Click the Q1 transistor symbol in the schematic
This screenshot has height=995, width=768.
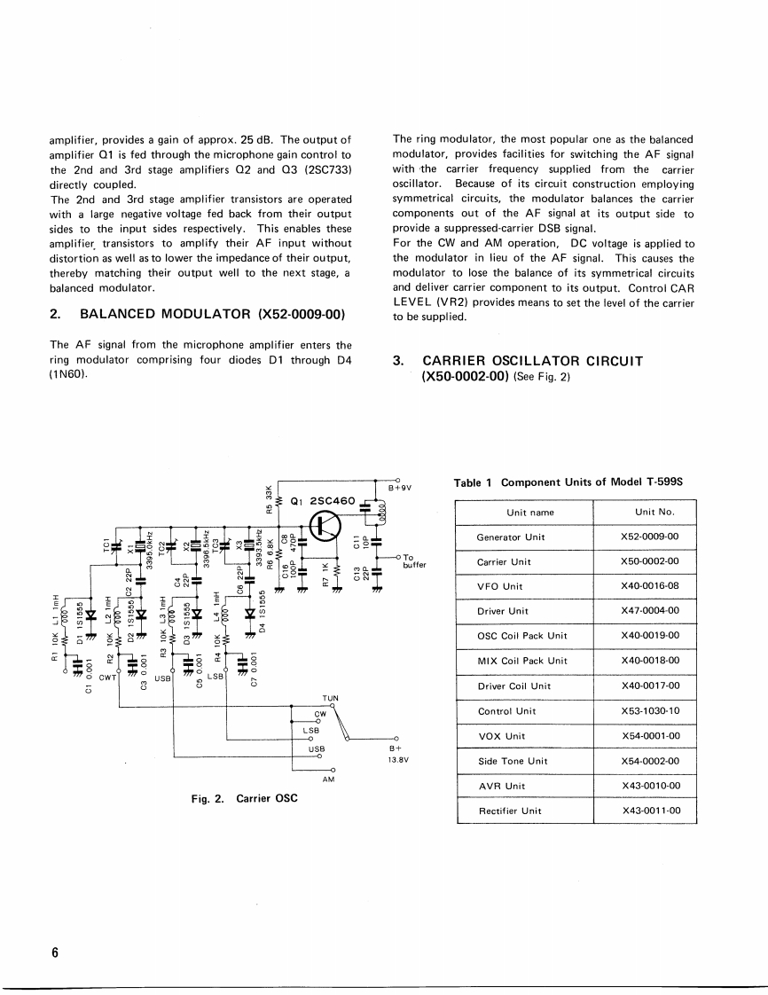326,527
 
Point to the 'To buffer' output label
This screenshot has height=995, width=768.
414,560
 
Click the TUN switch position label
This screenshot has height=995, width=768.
331,699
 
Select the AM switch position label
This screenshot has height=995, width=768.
328,779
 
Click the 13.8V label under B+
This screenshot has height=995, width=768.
396,760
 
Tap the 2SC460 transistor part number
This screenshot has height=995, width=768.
333,500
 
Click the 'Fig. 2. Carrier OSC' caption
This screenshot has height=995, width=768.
244,798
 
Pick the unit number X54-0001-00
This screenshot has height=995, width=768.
650,736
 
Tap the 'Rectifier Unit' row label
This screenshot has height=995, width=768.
510,811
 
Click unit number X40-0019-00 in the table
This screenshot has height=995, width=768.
650,636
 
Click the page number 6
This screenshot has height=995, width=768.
54,953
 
